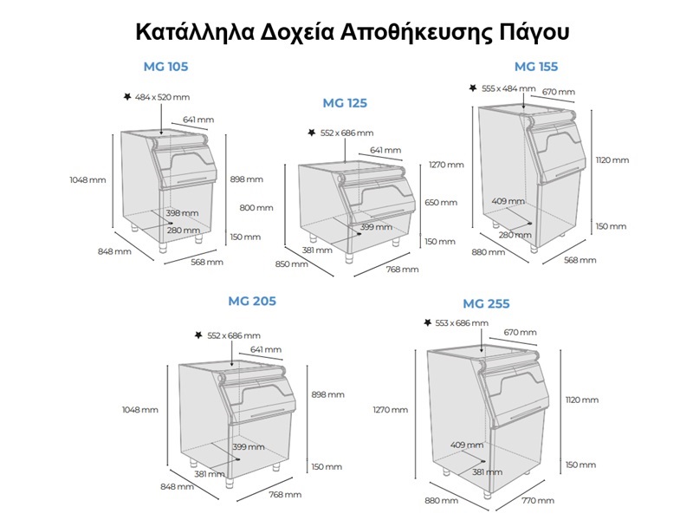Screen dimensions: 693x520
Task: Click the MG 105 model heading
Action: click(165, 67)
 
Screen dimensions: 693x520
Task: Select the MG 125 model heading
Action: click(345, 103)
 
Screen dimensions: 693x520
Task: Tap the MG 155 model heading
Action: click(536, 67)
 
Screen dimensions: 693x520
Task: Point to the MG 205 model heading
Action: click(252, 301)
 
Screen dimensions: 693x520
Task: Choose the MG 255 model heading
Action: click(486, 304)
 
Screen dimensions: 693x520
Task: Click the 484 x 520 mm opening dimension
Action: click(162, 97)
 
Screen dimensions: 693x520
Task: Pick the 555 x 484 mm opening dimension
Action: click(508, 88)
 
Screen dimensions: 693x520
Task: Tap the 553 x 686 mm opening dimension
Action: click(462, 323)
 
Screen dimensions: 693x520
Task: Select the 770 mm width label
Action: click(538, 501)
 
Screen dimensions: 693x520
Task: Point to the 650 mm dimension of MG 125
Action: click(441, 203)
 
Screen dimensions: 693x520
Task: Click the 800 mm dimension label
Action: click(256, 207)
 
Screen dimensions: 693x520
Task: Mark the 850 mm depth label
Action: click(292, 264)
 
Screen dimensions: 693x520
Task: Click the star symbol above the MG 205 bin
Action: click(198, 335)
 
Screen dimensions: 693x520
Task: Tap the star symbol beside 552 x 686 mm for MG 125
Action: click(312, 133)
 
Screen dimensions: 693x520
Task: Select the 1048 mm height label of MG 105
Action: click(88, 180)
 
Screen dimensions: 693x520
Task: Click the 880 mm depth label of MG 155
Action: click(489, 252)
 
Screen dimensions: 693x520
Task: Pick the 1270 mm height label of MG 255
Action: click(391, 410)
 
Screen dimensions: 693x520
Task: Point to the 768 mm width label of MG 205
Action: click(285, 495)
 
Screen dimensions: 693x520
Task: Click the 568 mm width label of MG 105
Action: click(207, 263)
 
